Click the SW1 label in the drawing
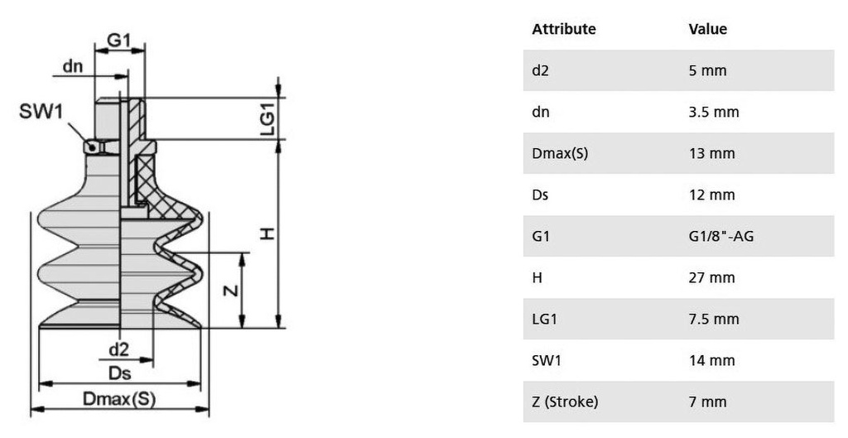pos(41,112)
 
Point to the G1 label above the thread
pos(119,40)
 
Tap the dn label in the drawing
pos(73,66)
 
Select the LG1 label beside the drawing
pos(268,119)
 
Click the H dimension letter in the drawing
pos(268,233)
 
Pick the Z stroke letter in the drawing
pos(231,291)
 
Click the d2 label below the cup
pos(119,349)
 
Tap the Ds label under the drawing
pos(119,373)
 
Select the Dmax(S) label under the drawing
pos(119,399)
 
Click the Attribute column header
pos(563,29)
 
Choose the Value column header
pos(708,29)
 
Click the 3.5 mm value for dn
pos(714,112)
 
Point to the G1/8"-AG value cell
pos(721,236)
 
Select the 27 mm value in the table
pos(711,277)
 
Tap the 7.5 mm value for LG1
pos(714,319)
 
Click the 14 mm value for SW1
pos(711,360)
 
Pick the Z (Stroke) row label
pos(565,402)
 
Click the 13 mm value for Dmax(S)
pos(711,153)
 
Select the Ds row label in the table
pos(540,195)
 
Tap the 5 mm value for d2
pos(707,70)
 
